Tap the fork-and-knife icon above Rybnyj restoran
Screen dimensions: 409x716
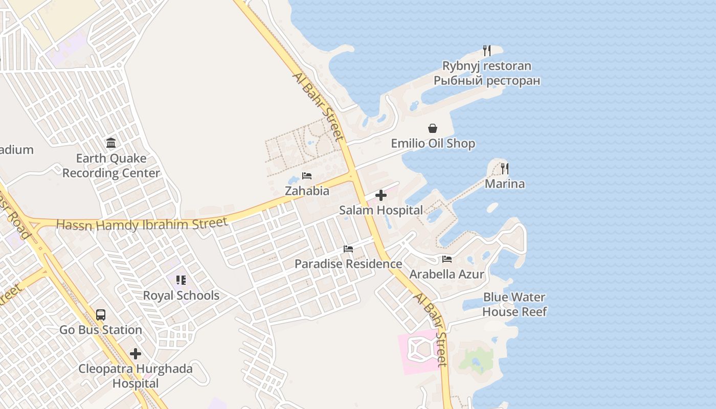pos(487,51)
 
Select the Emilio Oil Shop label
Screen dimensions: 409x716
pos(433,144)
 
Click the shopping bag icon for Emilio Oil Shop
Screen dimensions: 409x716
pos(433,128)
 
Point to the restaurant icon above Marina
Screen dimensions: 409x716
pos(505,168)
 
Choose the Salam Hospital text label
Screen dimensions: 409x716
pos(381,210)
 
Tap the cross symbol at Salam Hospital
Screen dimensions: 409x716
pos(381,195)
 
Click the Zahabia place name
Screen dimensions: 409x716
pos(307,191)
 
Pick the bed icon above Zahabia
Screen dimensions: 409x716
pos(307,176)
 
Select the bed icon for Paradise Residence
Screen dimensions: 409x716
pos(348,249)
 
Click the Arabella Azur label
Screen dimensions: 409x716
pos(446,275)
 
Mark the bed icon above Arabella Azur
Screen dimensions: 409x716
pos(447,259)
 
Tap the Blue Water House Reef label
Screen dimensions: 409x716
pos(514,304)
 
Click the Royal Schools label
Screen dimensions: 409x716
pos(181,296)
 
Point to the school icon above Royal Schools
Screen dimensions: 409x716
pos(181,280)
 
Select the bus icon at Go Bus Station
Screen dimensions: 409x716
pos(101,315)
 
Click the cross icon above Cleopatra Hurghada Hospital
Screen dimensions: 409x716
pos(136,354)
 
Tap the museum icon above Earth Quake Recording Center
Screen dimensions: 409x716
pos(111,143)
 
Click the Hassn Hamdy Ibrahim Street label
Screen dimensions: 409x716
pos(142,224)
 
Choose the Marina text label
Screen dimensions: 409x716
pos(505,184)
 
